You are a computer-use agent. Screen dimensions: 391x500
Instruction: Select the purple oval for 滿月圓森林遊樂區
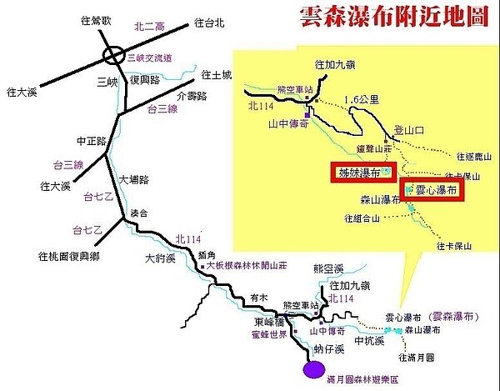click(x=314, y=368)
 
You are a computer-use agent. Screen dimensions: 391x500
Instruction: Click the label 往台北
click(x=208, y=23)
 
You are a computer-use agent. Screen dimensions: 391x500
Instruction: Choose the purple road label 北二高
click(x=150, y=27)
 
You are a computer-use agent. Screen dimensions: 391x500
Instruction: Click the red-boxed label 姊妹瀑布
click(x=358, y=173)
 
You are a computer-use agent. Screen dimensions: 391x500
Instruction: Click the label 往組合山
click(x=362, y=218)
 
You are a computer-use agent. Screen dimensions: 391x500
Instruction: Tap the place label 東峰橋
click(x=267, y=321)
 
